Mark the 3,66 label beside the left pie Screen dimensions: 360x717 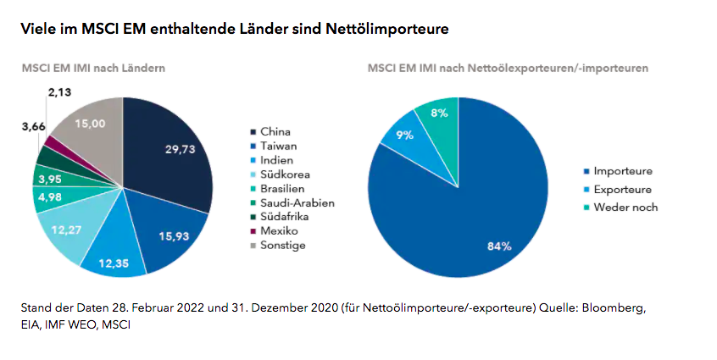34,126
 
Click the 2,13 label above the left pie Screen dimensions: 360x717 60,92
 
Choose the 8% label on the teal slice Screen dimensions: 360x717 438,113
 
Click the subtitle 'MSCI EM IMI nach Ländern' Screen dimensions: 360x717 93,67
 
